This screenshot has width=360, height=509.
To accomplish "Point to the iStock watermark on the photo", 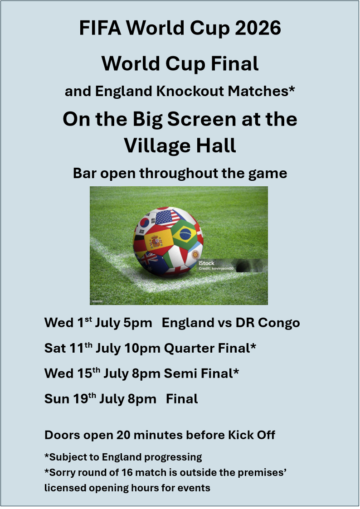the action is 207,263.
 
